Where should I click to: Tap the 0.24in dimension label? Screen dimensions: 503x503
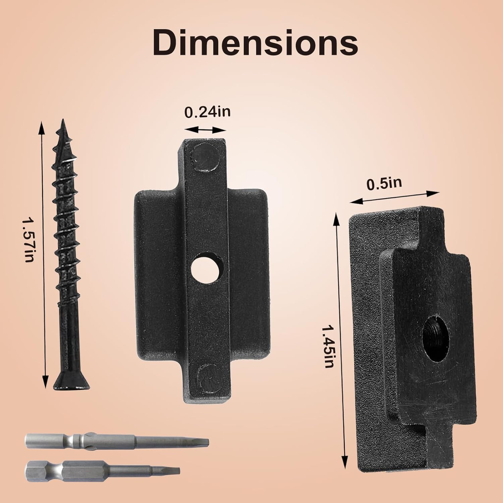pos(208,112)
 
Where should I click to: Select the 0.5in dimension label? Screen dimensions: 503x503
pos(384,183)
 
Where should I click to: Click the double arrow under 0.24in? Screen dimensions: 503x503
pos(205,130)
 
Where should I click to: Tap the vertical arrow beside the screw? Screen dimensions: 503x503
pos(43,255)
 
